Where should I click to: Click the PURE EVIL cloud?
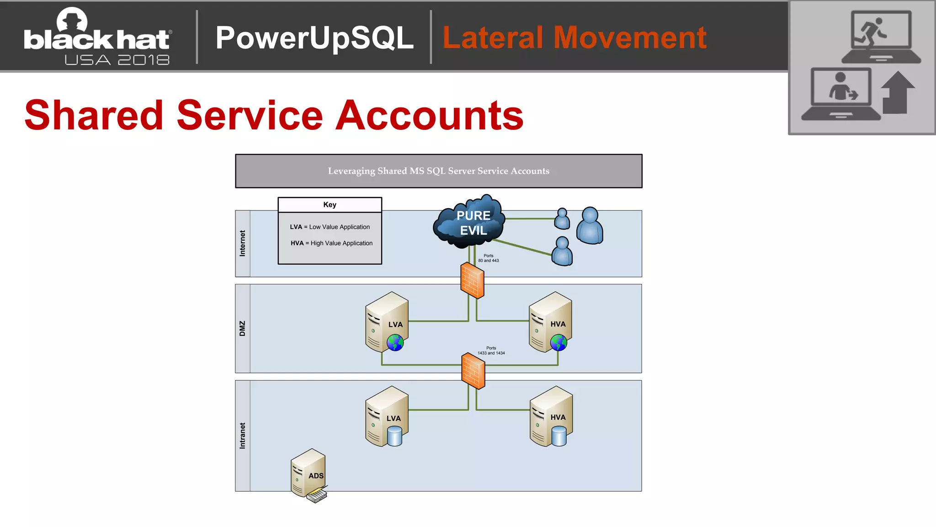pyautogui.click(x=470, y=222)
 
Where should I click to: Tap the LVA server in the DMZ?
pyautogui.click(x=387, y=322)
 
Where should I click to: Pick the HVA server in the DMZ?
pyautogui.click(x=550, y=322)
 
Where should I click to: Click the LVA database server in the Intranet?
pyautogui.click(x=387, y=416)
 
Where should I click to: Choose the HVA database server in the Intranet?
pyautogui.click(x=551, y=416)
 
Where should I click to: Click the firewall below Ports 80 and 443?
pyautogui.click(x=472, y=280)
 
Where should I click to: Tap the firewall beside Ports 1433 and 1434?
pyautogui.click(x=473, y=371)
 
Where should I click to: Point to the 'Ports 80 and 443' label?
pyautogui.click(x=489, y=258)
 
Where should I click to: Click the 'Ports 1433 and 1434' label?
pyautogui.click(x=491, y=350)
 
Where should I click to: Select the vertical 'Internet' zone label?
pyautogui.click(x=243, y=243)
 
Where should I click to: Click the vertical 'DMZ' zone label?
pyautogui.click(x=243, y=328)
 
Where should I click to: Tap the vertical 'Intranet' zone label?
pyautogui.click(x=243, y=436)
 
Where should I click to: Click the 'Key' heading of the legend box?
pyautogui.click(x=330, y=205)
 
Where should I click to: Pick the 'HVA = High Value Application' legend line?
pyautogui.click(x=331, y=243)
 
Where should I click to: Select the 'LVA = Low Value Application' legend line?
pyautogui.click(x=330, y=227)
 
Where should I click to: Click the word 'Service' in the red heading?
pyautogui.click(x=250, y=115)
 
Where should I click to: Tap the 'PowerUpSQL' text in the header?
pyautogui.click(x=314, y=38)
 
